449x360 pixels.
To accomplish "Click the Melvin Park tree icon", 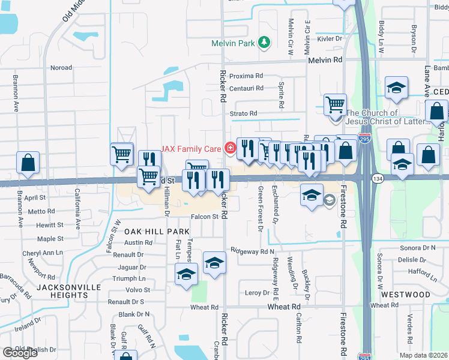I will point(264,42).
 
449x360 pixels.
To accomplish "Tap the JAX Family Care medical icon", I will point(229,147).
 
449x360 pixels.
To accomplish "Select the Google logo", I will point(20,352).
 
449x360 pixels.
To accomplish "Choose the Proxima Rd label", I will point(247,76).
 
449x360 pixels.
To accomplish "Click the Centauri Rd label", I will point(247,88).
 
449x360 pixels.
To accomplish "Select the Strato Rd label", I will point(243,113).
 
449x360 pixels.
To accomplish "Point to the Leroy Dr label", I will point(258,293).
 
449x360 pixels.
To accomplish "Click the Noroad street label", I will point(61,68).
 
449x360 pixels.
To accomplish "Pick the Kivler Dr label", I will point(330,38).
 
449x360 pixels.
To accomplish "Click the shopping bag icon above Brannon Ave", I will point(28,163).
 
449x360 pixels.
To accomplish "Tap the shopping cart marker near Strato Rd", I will point(335,105).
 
